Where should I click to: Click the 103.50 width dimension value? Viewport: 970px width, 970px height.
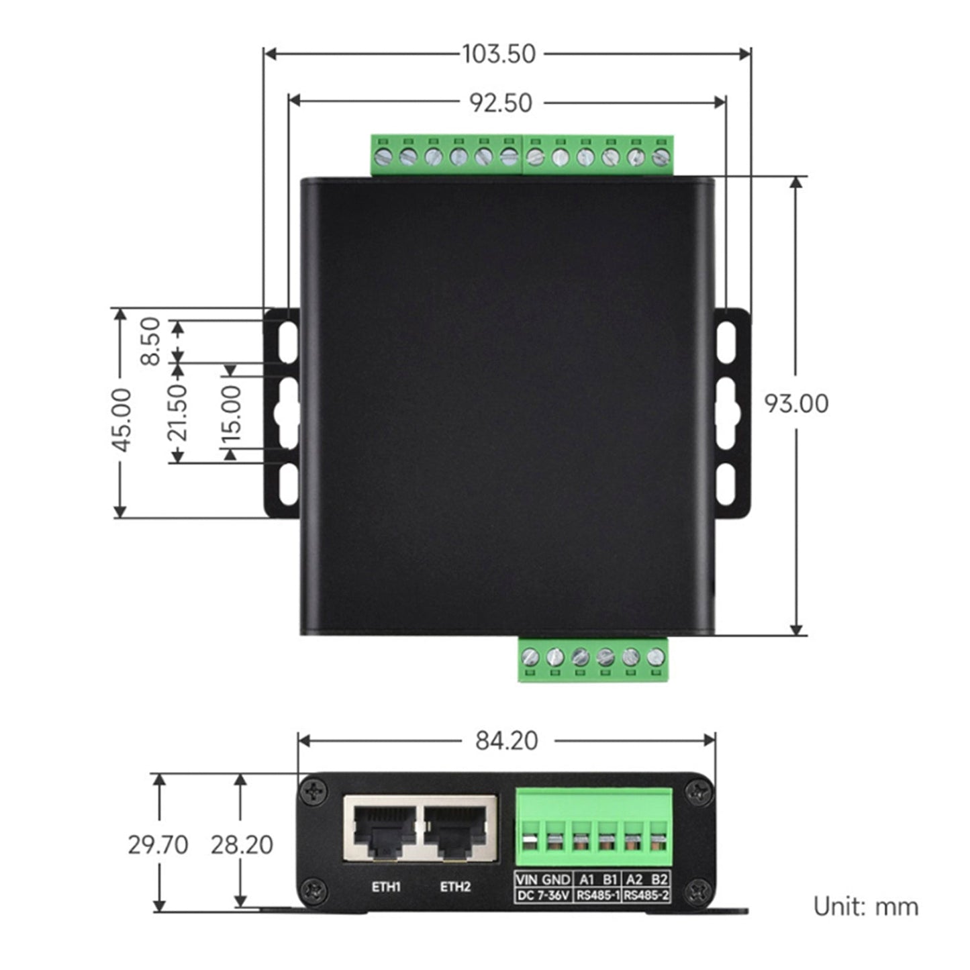(x=499, y=54)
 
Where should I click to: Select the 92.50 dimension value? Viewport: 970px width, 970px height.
(x=500, y=103)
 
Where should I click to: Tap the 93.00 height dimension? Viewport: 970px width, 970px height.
(x=796, y=403)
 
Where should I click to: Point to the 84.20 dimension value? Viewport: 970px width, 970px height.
(x=507, y=740)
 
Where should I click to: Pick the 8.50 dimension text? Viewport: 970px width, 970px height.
(x=151, y=341)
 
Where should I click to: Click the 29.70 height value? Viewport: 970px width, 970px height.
(x=158, y=844)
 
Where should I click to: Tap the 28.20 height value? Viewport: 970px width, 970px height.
(x=242, y=844)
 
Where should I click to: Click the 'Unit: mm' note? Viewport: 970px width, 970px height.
(x=865, y=906)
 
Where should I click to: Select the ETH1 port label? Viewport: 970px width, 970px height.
(x=386, y=887)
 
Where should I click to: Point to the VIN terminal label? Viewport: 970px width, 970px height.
(x=527, y=879)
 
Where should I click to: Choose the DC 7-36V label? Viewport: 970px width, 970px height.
(x=543, y=895)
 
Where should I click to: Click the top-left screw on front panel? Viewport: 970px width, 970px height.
(x=313, y=792)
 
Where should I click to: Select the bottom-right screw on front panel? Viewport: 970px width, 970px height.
(x=697, y=891)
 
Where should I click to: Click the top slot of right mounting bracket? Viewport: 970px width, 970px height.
(x=726, y=342)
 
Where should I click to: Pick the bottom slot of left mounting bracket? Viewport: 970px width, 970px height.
(x=288, y=483)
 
